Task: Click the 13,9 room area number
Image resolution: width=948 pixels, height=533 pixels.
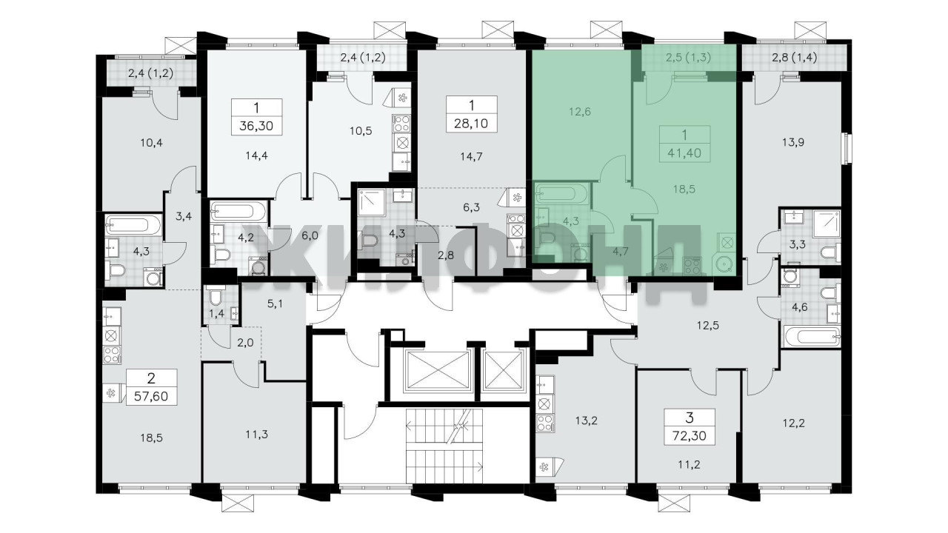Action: pyautogui.click(x=793, y=143)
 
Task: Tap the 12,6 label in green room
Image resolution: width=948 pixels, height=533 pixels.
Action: pyautogui.click(x=579, y=112)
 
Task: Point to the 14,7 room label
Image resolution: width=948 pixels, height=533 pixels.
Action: pyautogui.click(x=471, y=157)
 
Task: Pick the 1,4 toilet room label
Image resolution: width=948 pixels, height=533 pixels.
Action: pyautogui.click(x=216, y=314)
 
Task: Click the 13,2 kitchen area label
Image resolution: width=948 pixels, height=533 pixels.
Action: pyautogui.click(x=586, y=421)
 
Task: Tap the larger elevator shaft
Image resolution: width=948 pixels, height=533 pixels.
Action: pyautogui.click(x=438, y=369)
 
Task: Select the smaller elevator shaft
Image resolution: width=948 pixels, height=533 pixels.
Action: pyautogui.click(x=504, y=369)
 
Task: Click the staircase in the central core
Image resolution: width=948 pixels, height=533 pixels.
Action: pyautogui.click(x=444, y=446)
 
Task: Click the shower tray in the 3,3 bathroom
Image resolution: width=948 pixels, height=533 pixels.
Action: pyautogui.click(x=827, y=224)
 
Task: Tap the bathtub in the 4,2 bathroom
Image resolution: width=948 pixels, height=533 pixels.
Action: pyautogui.click(x=238, y=210)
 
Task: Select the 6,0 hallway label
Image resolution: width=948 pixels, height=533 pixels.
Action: pyautogui.click(x=310, y=235)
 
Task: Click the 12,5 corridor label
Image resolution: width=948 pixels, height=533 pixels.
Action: pyautogui.click(x=707, y=326)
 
